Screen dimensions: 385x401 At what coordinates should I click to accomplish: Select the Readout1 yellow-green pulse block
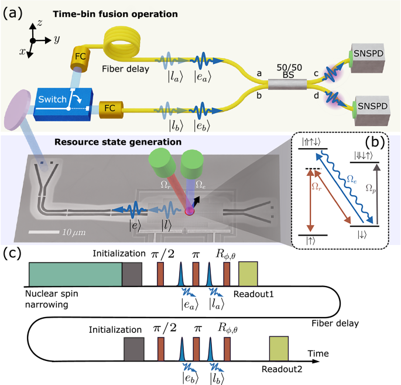pos(248,273)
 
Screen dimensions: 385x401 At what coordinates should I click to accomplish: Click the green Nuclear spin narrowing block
pos(75,273)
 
